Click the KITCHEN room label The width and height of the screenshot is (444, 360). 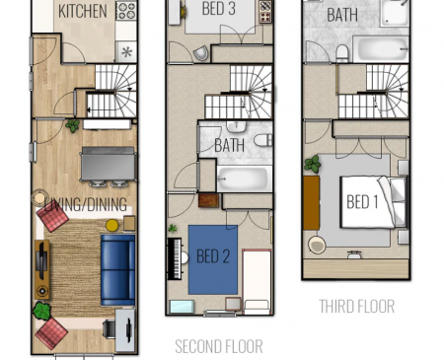(x=83, y=11)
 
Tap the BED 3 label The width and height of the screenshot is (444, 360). (x=219, y=8)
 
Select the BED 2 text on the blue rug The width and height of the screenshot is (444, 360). (x=213, y=256)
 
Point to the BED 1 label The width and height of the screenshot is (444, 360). (x=362, y=201)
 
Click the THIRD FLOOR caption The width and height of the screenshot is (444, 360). (x=357, y=307)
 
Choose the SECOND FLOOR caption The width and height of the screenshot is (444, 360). (x=219, y=346)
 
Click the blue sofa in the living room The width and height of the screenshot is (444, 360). (x=117, y=270)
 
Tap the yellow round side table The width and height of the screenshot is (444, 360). (x=112, y=225)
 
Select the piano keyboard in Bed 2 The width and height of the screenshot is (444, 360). (x=175, y=258)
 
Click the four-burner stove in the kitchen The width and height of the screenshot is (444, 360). (x=126, y=11)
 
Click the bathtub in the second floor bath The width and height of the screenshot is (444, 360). (x=245, y=179)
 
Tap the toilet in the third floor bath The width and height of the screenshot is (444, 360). (x=342, y=53)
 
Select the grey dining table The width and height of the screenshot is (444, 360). (x=109, y=164)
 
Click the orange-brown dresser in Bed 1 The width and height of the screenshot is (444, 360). (x=311, y=203)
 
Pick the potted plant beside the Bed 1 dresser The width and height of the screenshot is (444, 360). (x=313, y=164)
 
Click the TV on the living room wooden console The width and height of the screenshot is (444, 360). (x=40, y=260)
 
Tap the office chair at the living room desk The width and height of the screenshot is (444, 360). (x=109, y=328)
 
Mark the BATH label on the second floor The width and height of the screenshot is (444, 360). (x=229, y=145)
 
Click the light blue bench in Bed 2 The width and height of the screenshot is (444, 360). (x=182, y=307)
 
